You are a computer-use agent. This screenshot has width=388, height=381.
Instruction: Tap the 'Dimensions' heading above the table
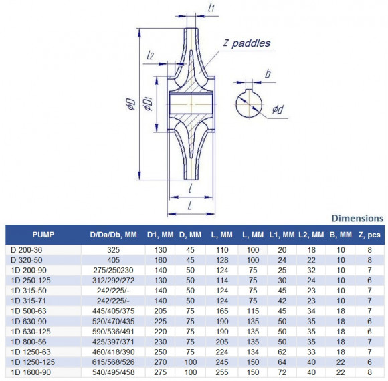(x=357, y=218)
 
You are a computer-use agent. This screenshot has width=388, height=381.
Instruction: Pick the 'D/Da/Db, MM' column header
(x=113, y=235)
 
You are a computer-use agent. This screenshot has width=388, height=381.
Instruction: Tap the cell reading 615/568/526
(x=113, y=361)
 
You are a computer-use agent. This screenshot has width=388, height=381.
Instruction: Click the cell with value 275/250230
(x=113, y=270)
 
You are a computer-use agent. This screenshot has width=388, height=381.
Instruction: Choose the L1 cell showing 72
(x=282, y=371)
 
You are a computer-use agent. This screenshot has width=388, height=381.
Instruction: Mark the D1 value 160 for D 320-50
(x=161, y=259)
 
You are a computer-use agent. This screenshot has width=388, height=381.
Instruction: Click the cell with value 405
(x=113, y=259)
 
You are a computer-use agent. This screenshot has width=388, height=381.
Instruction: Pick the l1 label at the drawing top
(x=211, y=9)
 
